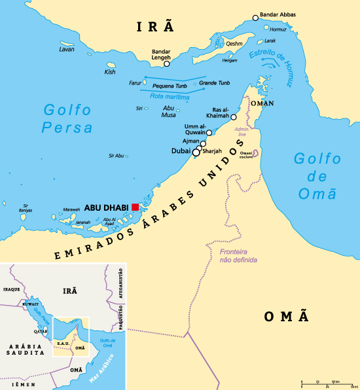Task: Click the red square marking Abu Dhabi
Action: [135, 207]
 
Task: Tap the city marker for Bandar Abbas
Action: [256, 18]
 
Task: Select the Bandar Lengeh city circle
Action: [167, 63]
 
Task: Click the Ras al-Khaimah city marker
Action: [233, 116]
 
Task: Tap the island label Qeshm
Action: [234, 44]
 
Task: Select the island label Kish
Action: [110, 72]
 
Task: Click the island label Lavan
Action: [67, 50]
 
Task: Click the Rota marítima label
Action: [170, 97]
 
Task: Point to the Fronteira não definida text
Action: [238, 256]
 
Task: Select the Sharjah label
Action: [213, 151]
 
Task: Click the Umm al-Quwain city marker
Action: [209, 133]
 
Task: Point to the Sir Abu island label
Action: [116, 156]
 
